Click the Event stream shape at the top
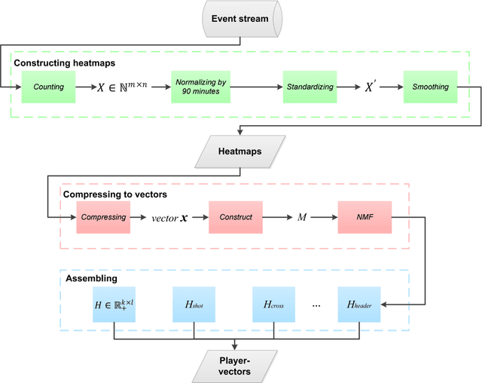(240, 18)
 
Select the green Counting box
(49, 87)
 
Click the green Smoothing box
(430, 87)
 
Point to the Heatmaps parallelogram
(240, 152)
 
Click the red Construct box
(235, 217)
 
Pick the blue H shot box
(194, 304)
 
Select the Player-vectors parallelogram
(240, 365)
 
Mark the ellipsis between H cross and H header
(316, 305)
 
